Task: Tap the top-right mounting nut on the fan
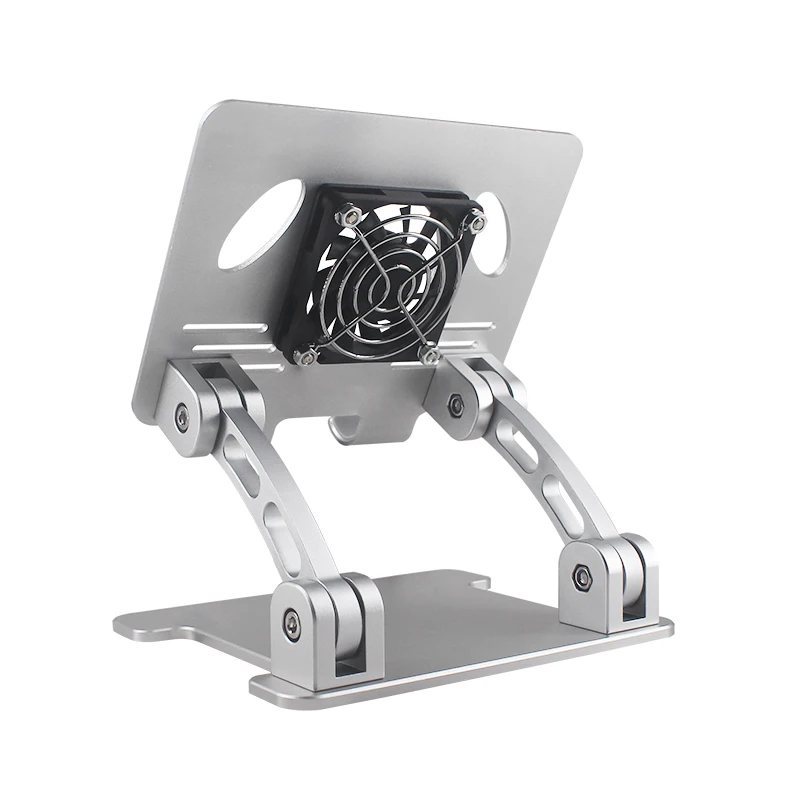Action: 477,224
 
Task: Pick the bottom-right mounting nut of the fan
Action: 431,355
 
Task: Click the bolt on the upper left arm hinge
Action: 182,416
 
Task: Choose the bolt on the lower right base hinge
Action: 581,576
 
